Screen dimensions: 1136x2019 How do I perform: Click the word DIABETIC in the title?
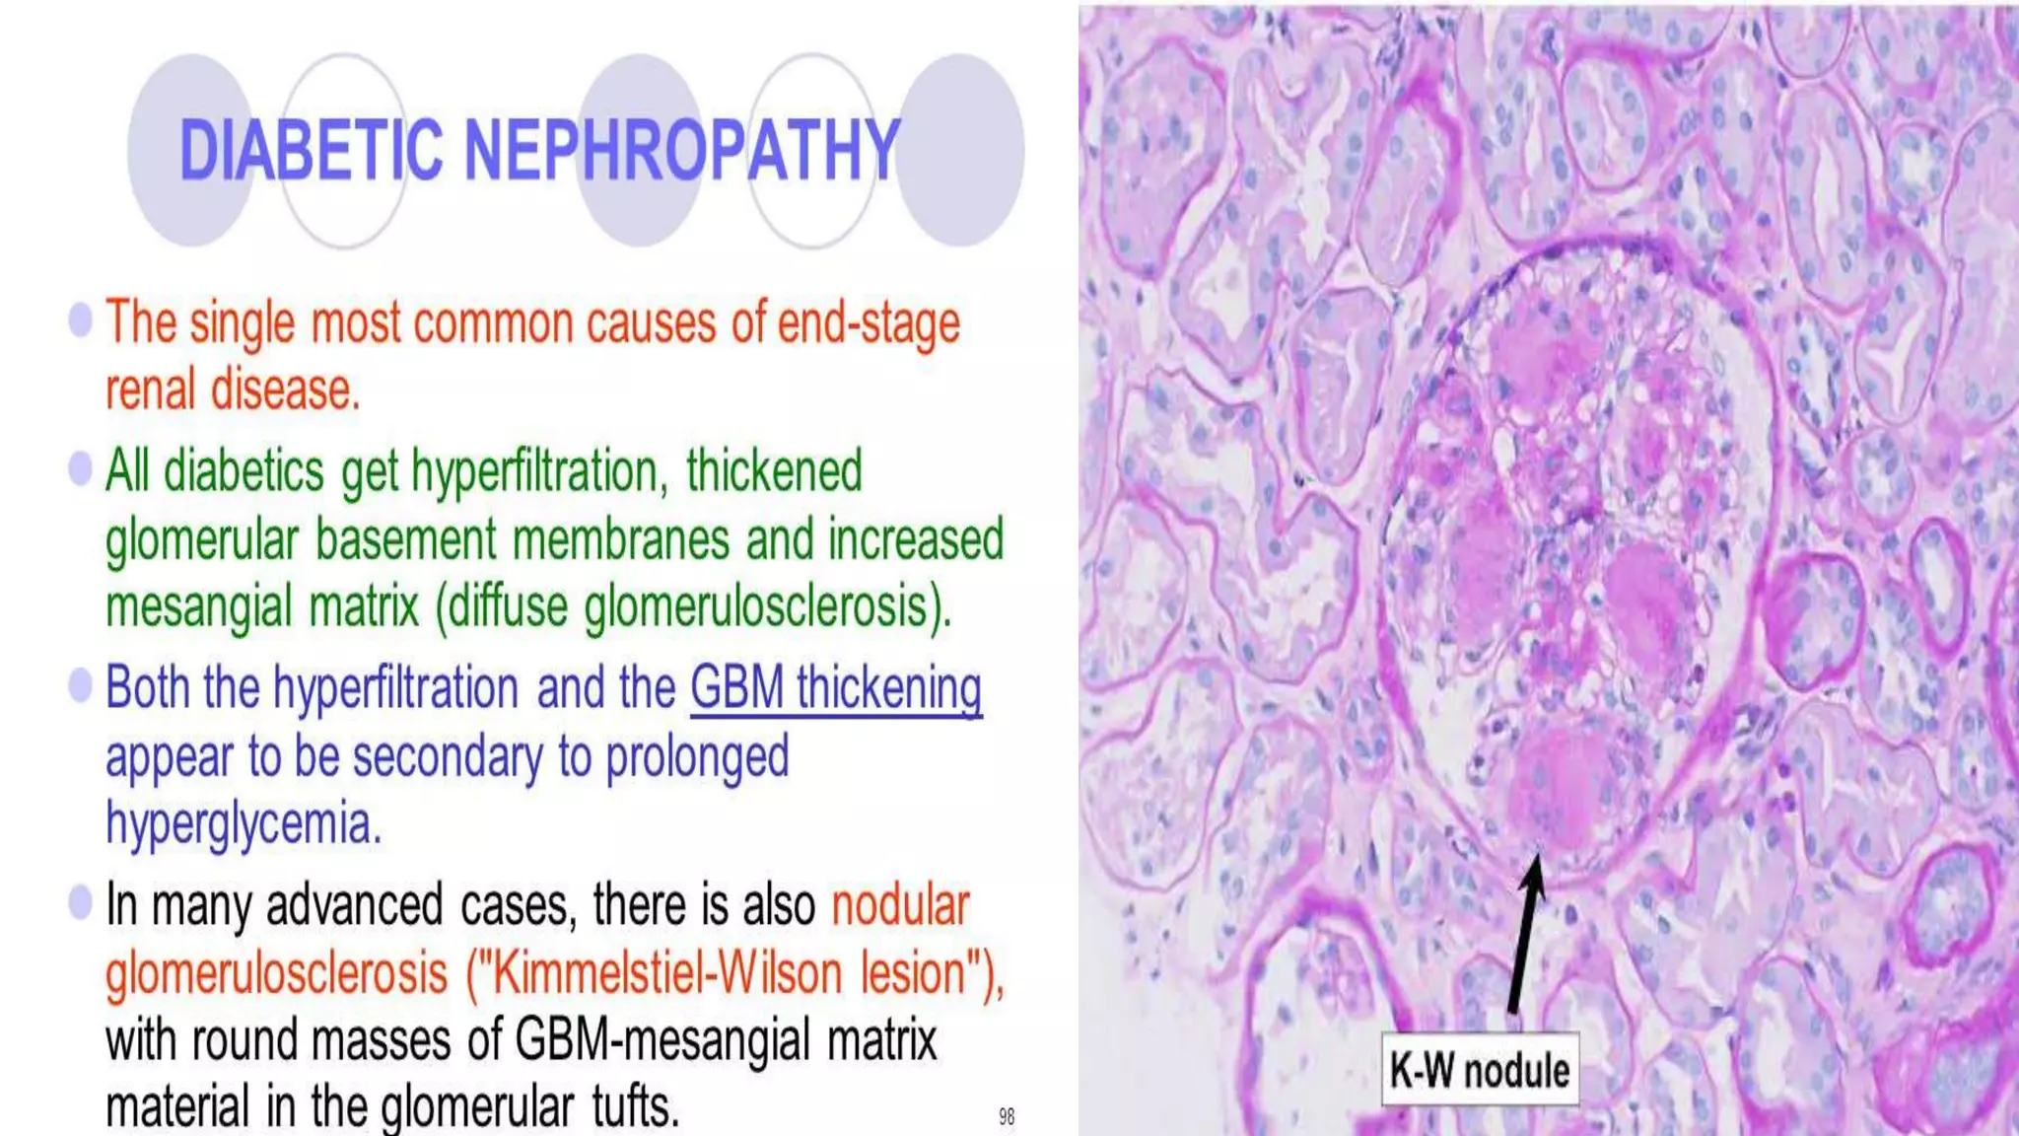pos(311,150)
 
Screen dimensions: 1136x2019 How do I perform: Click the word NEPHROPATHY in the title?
pos(681,150)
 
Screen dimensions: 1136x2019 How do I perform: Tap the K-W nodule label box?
pos(1479,1069)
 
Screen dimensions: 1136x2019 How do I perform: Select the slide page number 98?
pos(1006,1116)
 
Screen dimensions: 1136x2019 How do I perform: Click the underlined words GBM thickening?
pos(835,687)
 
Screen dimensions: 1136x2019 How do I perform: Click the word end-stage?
pos(868,323)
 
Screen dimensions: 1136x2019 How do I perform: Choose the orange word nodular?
pos(900,904)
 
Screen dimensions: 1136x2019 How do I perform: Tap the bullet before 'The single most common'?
pos(80,319)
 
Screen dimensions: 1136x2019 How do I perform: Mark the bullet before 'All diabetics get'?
pos(80,467)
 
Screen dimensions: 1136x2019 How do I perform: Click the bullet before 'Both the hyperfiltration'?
pos(80,684)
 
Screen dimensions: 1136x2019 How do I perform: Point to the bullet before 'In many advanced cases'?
pos(80,901)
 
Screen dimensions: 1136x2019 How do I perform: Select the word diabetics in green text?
pos(244,470)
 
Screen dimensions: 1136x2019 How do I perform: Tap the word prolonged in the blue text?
pos(697,756)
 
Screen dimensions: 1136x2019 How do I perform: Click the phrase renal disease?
pos(233,390)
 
